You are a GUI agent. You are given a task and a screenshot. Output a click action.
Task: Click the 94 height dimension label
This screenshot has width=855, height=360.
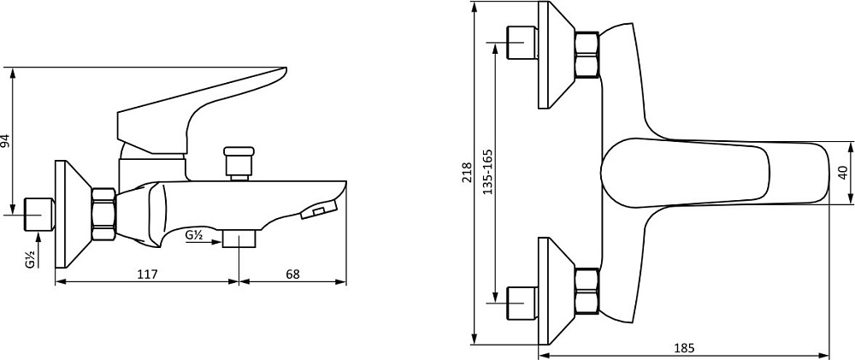click(x=6, y=140)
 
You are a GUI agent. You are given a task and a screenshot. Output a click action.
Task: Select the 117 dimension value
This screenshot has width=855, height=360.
click(x=147, y=274)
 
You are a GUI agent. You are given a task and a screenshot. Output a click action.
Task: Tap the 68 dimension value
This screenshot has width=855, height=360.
click(x=292, y=274)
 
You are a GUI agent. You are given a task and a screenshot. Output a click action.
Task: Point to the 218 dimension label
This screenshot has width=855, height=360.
click(x=467, y=173)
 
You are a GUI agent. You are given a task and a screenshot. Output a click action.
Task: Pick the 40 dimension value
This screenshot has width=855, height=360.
click(x=842, y=173)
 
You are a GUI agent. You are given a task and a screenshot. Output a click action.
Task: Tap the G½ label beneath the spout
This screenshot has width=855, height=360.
click(x=195, y=236)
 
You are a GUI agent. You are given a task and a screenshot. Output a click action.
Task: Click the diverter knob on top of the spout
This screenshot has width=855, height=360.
click(x=239, y=162)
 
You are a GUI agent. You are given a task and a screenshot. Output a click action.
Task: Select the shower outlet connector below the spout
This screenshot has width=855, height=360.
click(x=239, y=239)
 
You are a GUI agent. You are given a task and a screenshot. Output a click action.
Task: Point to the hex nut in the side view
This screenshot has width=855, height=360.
click(x=104, y=215)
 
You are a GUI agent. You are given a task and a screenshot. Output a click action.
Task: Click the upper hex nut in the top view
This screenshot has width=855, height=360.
click(x=587, y=55)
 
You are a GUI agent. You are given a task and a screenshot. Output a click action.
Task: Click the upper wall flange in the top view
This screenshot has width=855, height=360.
click(x=557, y=55)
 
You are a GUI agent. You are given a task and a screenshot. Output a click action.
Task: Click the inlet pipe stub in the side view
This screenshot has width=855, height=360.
click(x=40, y=215)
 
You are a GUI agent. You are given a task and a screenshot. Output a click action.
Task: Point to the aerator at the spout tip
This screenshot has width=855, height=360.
click(x=319, y=210)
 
